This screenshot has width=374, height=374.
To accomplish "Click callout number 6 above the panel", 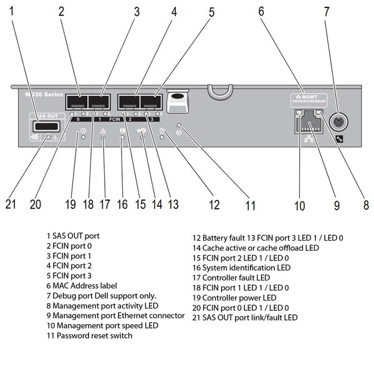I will [x=260, y=11].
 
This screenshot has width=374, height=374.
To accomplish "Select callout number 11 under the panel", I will [x=250, y=204].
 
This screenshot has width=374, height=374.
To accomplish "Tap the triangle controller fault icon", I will [x=103, y=132].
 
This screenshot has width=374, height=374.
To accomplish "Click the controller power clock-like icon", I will [x=82, y=132].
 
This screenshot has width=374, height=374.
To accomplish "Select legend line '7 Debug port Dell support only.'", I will [x=101, y=295].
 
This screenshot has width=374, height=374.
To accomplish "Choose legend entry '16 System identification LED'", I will [x=241, y=267].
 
